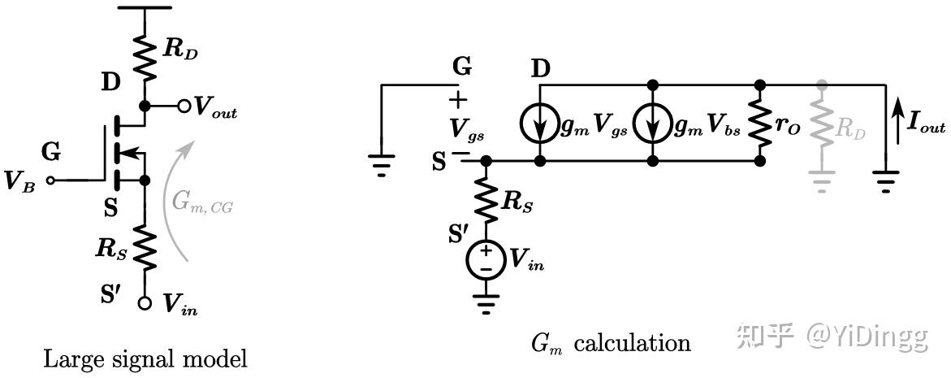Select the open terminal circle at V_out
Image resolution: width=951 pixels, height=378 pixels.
(x=184, y=106)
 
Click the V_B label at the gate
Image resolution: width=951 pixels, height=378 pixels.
(x=19, y=181)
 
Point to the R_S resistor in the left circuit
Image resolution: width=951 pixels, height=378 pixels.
(x=145, y=243)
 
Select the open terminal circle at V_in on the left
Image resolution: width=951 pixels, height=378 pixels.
(x=145, y=302)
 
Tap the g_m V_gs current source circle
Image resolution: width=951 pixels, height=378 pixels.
(x=540, y=123)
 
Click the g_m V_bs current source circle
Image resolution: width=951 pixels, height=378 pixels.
(x=655, y=123)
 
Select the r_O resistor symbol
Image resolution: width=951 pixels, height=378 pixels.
(x=760, y=123)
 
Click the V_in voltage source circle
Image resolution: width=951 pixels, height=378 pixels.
(x=486, y=259)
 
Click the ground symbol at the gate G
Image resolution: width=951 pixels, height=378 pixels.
(x=381, y=167)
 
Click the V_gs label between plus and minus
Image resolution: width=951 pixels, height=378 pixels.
(x=459, y=127)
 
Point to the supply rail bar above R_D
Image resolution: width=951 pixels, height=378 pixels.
(x=145, y=7)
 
